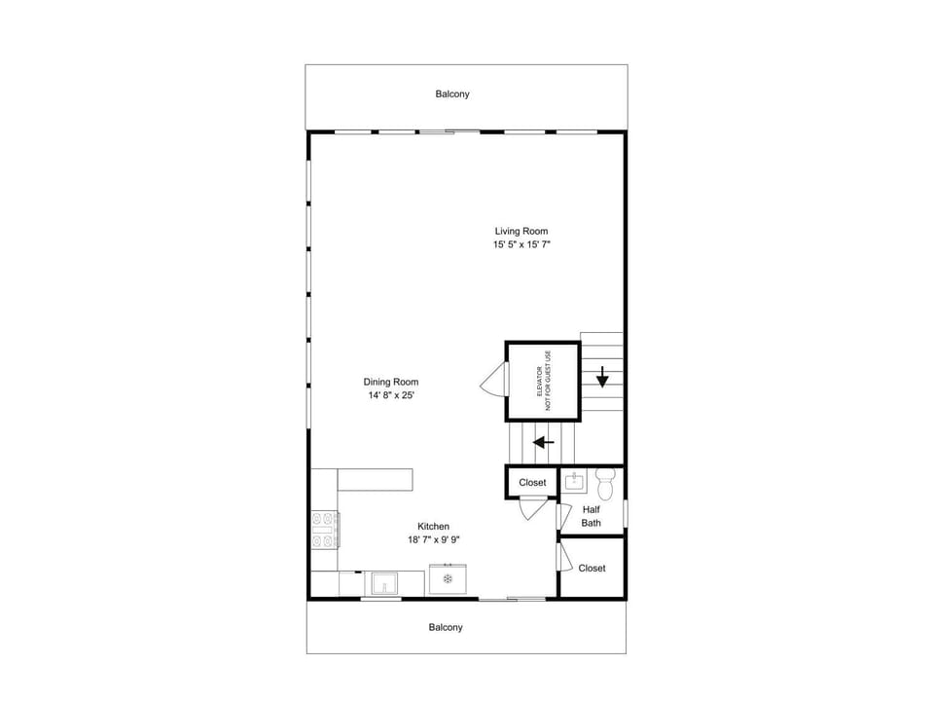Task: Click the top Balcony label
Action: pyautogui.click(x=452, y=94)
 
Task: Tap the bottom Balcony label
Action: pyautogui.click(x=446, y=628)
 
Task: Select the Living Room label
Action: pyautogui.click(x=521, y=232)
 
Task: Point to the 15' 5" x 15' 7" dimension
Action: pyautogui.click(x=521, y=244)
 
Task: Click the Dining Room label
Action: pyautogui.click(x=391, y=382)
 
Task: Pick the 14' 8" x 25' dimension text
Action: pyautogui.click(x=391, y=395)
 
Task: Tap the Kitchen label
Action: pyautogui.click(x=433, y=527)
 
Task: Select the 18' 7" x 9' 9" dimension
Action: pyautogui.click(x=433, y=540)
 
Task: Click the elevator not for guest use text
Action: pyautogui.click(x=544, y=381)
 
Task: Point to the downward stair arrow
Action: pyautogui.click(x=602, y=377)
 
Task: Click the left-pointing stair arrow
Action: pyautogui.click(x=543, y=442)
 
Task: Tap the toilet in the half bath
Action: pyautogui.click(x=605, y=484)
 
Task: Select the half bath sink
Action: pyautogui.click(x=574, y=481)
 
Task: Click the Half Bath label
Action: pyautogui.click(x=591, y=516)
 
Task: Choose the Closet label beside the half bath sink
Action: pyautogui.click(x=532, y=483)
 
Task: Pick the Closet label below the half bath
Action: pyautogui.click(x=592, y=569)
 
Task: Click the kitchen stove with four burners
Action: pyautogui.click(x=325, y=530)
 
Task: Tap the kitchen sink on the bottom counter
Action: pyautogui.click(x=384, y=583)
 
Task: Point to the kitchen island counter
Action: pyautogui.click(x=376, y=480)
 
